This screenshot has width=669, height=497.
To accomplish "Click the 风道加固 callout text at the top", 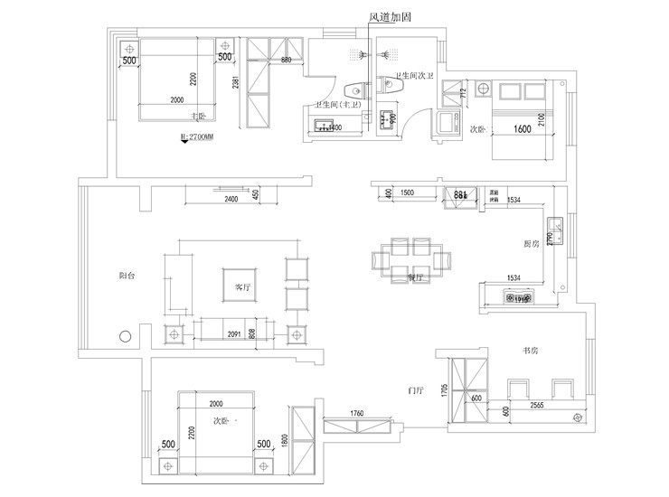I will pyautogui.click(x=390, y=16).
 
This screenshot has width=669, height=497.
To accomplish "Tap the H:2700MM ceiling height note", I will pyautogui.click(x=198, y=137).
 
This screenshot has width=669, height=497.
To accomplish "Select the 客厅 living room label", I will pyautogui.click(x=241, y=286).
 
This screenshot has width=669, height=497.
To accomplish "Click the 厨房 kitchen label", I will pyautogui.click(x=532, y=244).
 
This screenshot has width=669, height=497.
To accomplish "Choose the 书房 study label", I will pyautogui.click(x=531, y=350).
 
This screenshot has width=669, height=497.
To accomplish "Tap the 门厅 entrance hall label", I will pyautogui.click(x=416, y=390).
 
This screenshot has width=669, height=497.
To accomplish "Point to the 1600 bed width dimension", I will pyautogui.click(x=522, y=129).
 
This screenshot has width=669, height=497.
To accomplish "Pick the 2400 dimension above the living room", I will pyautogui.click(x=231, y=199).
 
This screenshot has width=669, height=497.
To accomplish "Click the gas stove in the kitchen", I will pyautogui.click(x=519, y=296).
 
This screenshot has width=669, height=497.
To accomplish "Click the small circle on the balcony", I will pyautogui.click(x=124, y=338).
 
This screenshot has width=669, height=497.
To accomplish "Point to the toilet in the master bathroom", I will pyautogui.click(x=354, y=89).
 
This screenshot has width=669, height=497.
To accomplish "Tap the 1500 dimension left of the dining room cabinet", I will pyautogui.click(x=407, y=193).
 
